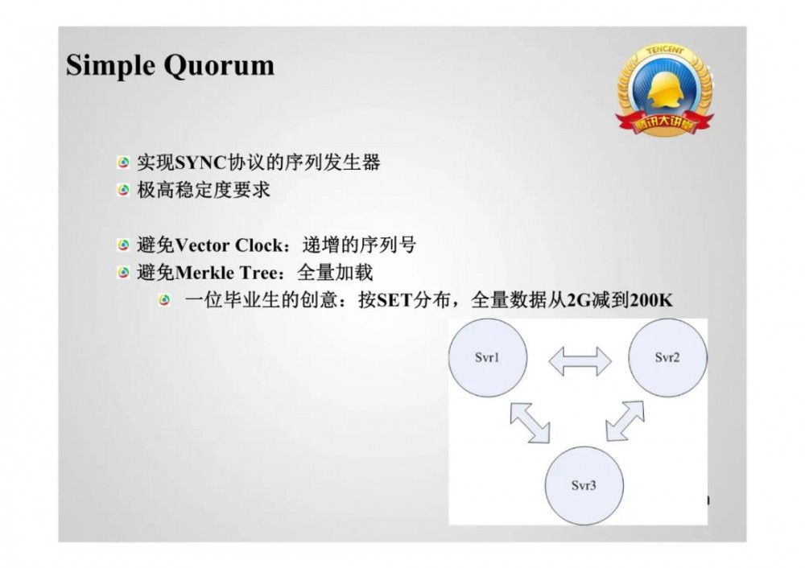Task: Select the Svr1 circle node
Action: pyautogui.click(x=488, y=358)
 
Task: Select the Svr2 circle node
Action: pyautogui.click(x=667, y=358)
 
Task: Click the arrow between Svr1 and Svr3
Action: pyautogui.click(x=529, y=422)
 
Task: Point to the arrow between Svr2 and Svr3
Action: pyautogui.click(x=625, y=421)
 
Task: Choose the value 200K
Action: pyautogui.click(x=650, y=300)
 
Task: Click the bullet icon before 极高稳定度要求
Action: pyautogui.click(x=123, y=191)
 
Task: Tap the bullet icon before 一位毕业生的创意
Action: pyautogui.click(x=165, y=300)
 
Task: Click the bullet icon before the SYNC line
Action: pyautogui.click(x=123, y=163)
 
